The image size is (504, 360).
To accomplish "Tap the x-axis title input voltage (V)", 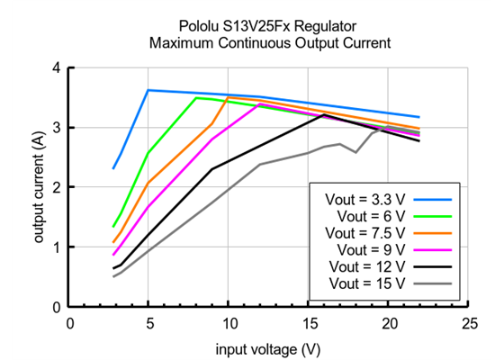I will pos(267,346).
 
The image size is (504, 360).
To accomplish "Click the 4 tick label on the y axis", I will pos(57,67).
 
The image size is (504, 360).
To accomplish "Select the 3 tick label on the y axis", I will pos(57,128).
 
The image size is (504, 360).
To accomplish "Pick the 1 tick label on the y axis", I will pos(57,247).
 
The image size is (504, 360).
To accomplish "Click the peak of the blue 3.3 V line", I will pos(148,90).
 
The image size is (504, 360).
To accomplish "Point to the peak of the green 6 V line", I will pos(196,97).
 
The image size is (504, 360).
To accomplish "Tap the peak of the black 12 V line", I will pos(324,115).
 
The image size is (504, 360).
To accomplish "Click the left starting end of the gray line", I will pos(114,276).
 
